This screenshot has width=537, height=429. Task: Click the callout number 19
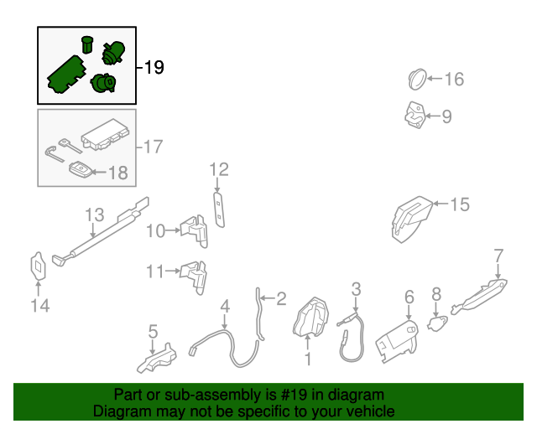pos(154,67)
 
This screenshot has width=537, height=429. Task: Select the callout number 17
pos(153,147)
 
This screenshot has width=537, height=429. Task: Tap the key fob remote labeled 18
pos(81,169)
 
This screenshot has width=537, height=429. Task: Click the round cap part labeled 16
pos(417,80)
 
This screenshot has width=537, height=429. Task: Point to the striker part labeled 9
pos(415,115)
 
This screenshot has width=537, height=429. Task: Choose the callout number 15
pos(460,204)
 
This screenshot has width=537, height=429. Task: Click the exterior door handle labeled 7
pos(479,297)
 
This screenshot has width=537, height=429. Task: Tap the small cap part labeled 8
pos(437,323)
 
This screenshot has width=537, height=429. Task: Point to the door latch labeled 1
pos(311,317)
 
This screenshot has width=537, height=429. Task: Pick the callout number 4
pos(225,307)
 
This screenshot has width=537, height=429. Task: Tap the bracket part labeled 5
pos(157,358)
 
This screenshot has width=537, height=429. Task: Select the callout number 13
pos(94,214)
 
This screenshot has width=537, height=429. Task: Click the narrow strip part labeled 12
pos(218,209)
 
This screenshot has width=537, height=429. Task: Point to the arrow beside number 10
pos(173,231)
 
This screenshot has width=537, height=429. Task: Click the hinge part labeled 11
pos(194,278)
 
